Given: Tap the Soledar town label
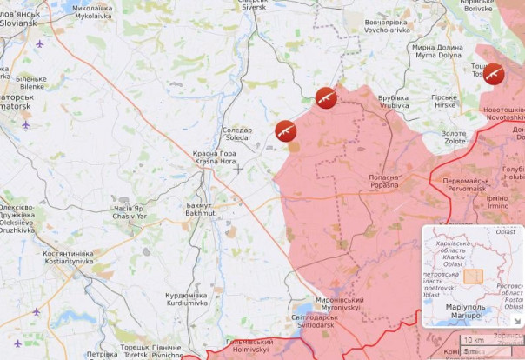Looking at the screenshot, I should point(237,134).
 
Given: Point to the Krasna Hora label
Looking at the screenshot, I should point(214,157).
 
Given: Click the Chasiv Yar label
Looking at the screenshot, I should point(130,212).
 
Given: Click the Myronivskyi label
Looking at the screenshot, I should point(340,303).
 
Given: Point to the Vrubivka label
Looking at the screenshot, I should point(394,102).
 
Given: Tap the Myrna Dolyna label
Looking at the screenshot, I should point(438,51).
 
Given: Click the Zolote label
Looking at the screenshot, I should point(454,137).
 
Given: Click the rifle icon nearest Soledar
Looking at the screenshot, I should point(285,130).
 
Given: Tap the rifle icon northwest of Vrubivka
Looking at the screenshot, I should point(326,97).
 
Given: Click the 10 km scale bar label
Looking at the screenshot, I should point(474,340).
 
